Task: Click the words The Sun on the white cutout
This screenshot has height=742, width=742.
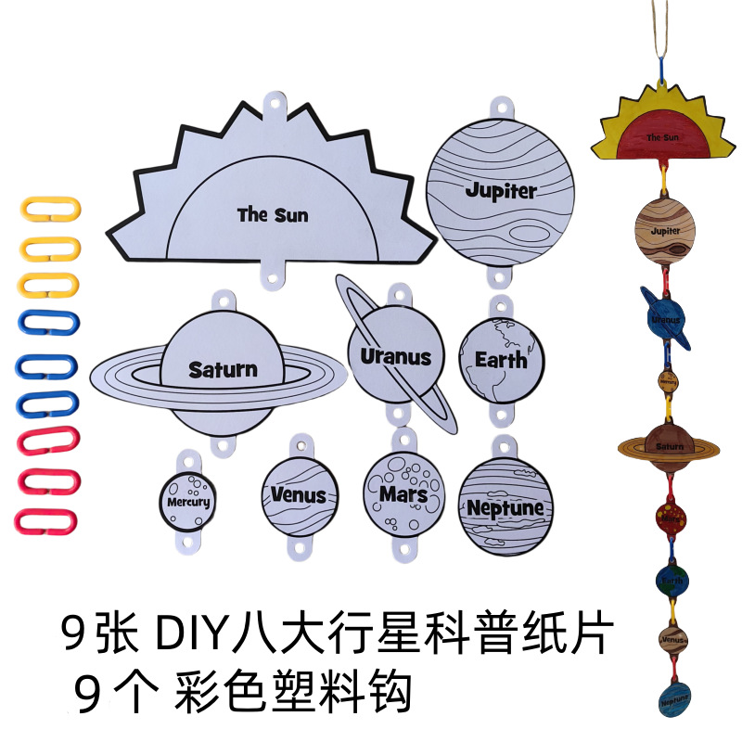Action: (272, 215)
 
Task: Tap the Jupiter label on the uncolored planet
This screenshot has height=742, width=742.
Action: (501, 191)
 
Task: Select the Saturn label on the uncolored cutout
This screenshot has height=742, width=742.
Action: (223, 369)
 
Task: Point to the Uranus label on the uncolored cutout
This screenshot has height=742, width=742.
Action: (396, 356)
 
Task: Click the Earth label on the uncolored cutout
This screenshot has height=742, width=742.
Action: (501, 359)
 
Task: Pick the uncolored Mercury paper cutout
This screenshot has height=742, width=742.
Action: (188, 501)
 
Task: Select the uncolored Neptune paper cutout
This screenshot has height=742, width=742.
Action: (505, 506)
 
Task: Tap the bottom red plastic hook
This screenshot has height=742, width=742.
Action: (51, 520)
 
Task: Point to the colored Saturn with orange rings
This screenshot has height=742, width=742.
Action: (669, 445)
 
